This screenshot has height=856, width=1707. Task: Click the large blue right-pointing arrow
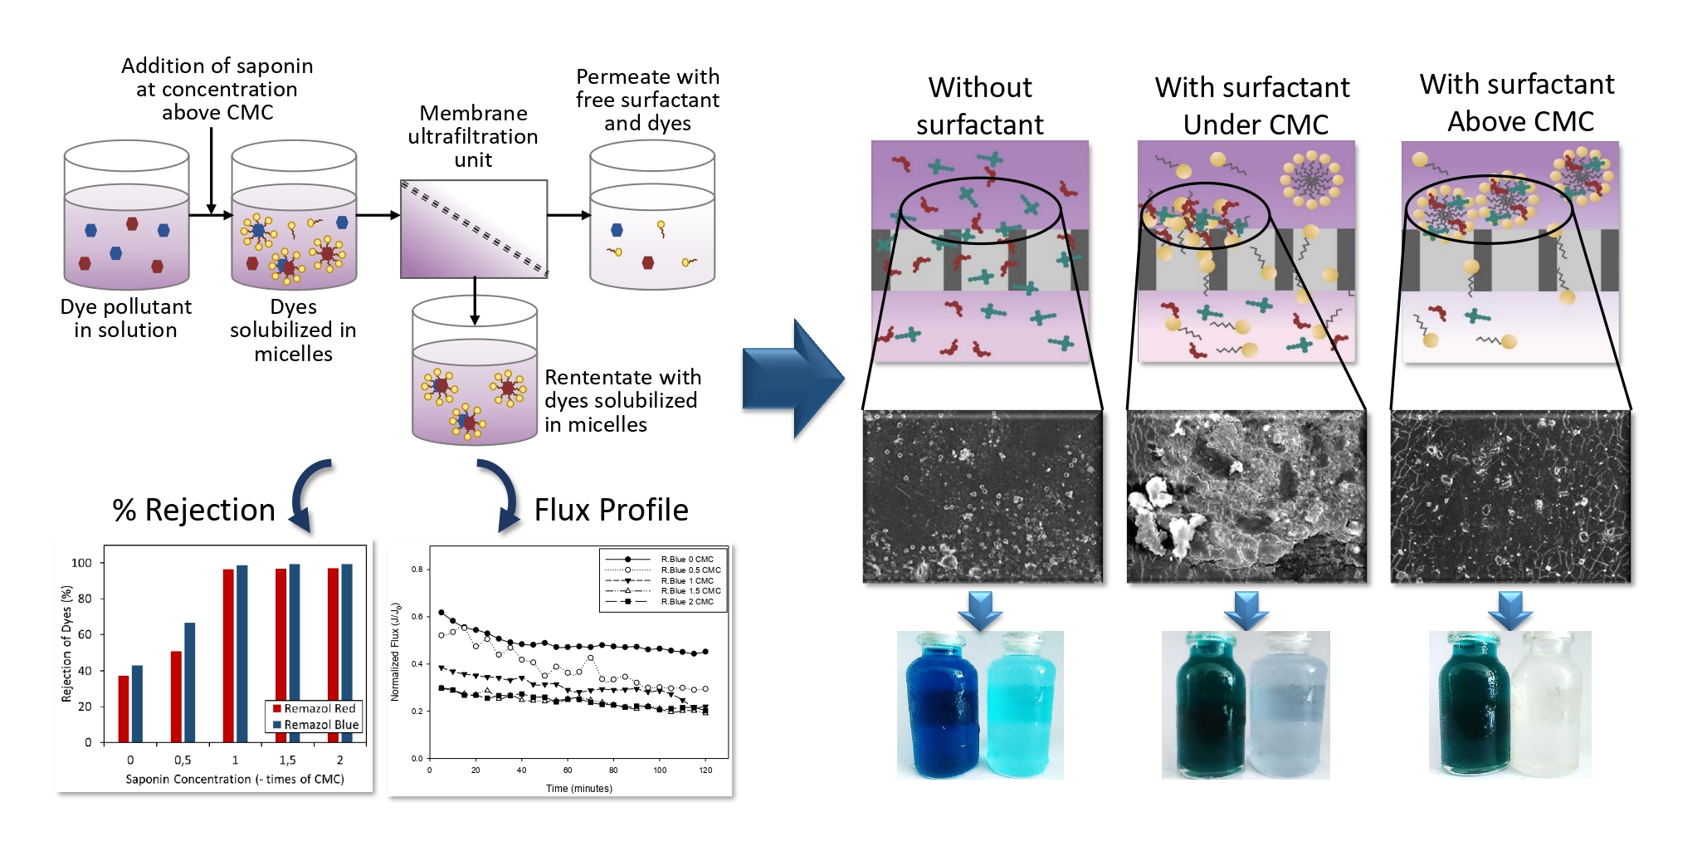tap(793, 379)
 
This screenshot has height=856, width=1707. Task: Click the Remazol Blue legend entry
tap(315, 725)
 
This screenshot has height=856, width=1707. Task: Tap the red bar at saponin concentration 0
tap(124, 708)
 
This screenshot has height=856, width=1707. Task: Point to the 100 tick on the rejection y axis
tap(82, 563)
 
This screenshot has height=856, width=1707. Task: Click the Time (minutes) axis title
tap(578, 789)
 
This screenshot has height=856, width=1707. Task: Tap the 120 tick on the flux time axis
tap(705, 770)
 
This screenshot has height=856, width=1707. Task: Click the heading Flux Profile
tap(611, 510)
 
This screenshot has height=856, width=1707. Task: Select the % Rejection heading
tap(193, 510)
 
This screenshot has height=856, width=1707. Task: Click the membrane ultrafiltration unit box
tap(474, 228)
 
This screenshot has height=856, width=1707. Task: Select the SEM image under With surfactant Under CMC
tap(1246, 496)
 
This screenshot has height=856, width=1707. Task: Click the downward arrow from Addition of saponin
tap(212, 171)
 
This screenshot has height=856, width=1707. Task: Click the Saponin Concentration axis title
tap(235, 780)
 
